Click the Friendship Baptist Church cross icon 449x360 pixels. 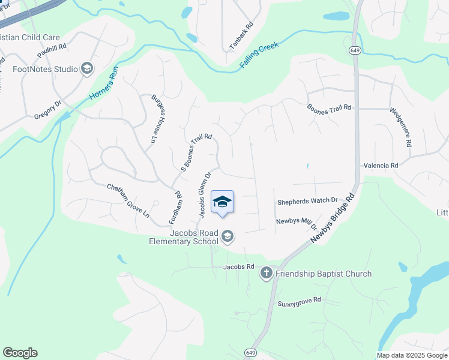click(x=267, y=274)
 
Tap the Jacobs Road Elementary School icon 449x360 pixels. click(x=228, y=237)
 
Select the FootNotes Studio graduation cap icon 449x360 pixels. click(x=88, y=69)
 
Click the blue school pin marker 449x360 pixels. click(x=222, y=202)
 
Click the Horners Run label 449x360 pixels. click(x=104, y=82)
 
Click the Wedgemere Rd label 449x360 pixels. click(x=401, y=127)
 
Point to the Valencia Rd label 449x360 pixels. click(x=381, y=165)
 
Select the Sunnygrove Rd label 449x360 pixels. click(x=299, y=301)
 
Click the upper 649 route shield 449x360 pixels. click(x=355, y=52)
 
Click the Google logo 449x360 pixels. click(x=20, y=353)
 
